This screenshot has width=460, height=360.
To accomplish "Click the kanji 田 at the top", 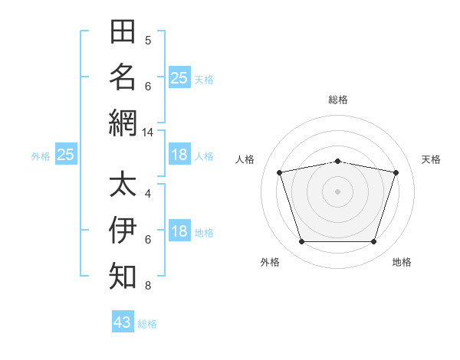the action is click(x=123, y=31).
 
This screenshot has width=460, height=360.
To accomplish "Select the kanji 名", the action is click(x=123, y=77).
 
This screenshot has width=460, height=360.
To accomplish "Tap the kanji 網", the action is click(x=123, y=123).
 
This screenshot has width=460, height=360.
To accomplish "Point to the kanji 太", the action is click(x=123, y=183).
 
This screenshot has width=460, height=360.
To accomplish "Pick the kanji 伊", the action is click(x=123, y=230).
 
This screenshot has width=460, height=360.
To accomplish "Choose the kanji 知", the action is click(x=123, y=276).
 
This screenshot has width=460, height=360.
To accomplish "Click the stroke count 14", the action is click(x=147, y=133).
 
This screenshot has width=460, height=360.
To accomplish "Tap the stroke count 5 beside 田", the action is click(x=148, y=41).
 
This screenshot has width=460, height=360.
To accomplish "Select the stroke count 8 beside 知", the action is click(x=148, y=286).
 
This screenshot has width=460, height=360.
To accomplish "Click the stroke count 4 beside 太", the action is click(x=148, y=194).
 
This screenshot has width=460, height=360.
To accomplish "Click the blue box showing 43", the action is click(x=123, y=321).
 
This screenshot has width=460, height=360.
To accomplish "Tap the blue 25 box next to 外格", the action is click(x=66, y=154).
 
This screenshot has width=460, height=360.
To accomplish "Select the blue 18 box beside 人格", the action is click(x=179, y=154).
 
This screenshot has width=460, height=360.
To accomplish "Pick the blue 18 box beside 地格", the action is click(x=179, y=230).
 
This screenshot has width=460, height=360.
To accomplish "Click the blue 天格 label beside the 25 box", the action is click(x=204, y=80).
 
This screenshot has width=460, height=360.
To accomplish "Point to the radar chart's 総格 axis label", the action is click(x=338, y=100).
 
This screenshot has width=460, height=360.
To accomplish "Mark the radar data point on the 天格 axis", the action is click(x=396, y=172).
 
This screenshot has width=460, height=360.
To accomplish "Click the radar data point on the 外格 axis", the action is click(x=302, y=242).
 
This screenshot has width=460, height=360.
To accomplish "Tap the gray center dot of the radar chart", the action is click(x=337, y=191).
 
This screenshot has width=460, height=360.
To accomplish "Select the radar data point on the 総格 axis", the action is click(x=337, y=162).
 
